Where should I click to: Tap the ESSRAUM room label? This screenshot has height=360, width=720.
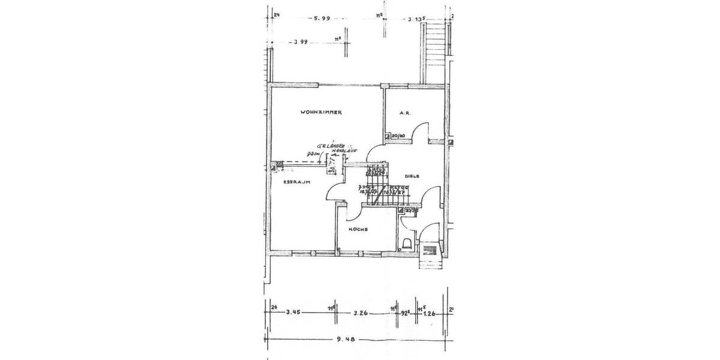click(296, 182)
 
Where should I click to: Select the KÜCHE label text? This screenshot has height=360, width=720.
click(358, 230)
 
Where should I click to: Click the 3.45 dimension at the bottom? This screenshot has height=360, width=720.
click(293, 312)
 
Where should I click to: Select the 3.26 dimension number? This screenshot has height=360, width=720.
click(361, 312)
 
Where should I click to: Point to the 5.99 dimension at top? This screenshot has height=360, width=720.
click(323, 19)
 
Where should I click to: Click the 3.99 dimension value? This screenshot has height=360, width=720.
click(301, 42)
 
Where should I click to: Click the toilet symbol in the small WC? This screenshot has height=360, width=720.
click(407, 243)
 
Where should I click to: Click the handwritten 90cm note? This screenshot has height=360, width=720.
click(313, 155)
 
